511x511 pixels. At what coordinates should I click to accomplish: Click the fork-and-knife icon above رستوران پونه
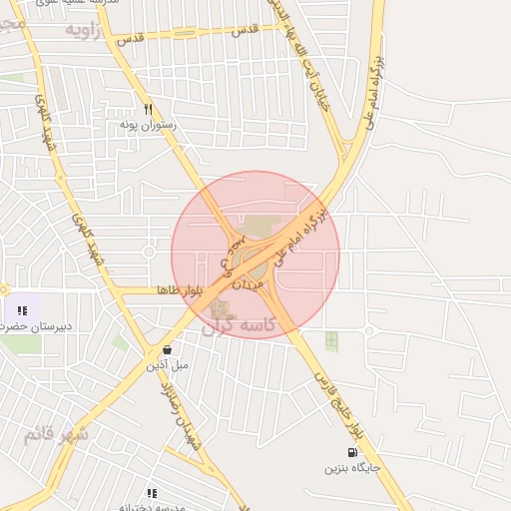click(x=149, y=109)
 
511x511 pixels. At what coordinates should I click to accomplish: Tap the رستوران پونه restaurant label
click(x=148, y=125)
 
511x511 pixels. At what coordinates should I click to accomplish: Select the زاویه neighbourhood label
click(x=85, y=30)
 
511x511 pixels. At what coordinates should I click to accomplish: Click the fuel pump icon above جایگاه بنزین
click(x=351, y=451)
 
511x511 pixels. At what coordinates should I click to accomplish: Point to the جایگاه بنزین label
click(x=349, y=467)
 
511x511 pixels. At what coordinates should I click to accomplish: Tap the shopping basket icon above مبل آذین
click(x=166, y=349)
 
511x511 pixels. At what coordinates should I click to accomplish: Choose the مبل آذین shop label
click(x=167, y=365)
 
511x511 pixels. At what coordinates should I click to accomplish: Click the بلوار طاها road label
click(x=180, y=290)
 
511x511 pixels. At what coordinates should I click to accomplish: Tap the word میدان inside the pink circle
click(x=251, y=283)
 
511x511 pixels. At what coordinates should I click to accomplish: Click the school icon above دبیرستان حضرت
click(x=22, y=310)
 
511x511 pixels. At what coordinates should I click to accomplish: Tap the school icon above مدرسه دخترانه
click(x=152, y=492)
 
